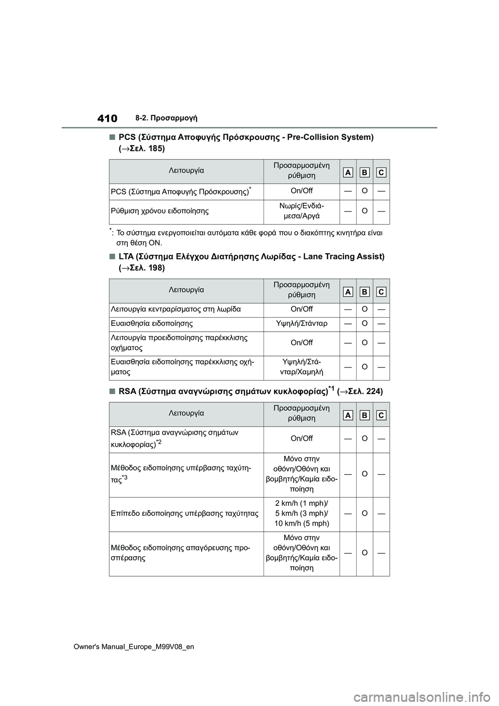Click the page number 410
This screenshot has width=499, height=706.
click(107, 119)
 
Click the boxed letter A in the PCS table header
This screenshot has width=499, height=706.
click(348, 172)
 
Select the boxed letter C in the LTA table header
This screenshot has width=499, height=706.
click(381, 292)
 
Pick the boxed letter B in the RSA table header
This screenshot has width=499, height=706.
click(364, 415)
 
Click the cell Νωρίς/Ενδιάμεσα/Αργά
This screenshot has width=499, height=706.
click(301, 211)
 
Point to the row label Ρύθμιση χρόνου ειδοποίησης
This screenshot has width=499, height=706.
click(160, 211)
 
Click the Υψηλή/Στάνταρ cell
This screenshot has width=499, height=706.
click(301, 323)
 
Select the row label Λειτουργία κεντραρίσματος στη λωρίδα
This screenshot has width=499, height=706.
click(175, 309)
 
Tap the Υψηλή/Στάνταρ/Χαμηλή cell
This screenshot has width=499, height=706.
click(301, 367)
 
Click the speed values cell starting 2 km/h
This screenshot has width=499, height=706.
click(301, 513)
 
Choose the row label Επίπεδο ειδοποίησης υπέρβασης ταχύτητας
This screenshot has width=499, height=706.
click(184, 513)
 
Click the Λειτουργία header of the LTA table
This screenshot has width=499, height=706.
click(186, 290)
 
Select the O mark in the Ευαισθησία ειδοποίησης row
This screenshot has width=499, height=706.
click(364, 323)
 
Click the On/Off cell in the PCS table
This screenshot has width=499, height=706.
click(301, 191)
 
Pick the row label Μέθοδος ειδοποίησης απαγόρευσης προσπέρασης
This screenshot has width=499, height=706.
click(180, 553)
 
